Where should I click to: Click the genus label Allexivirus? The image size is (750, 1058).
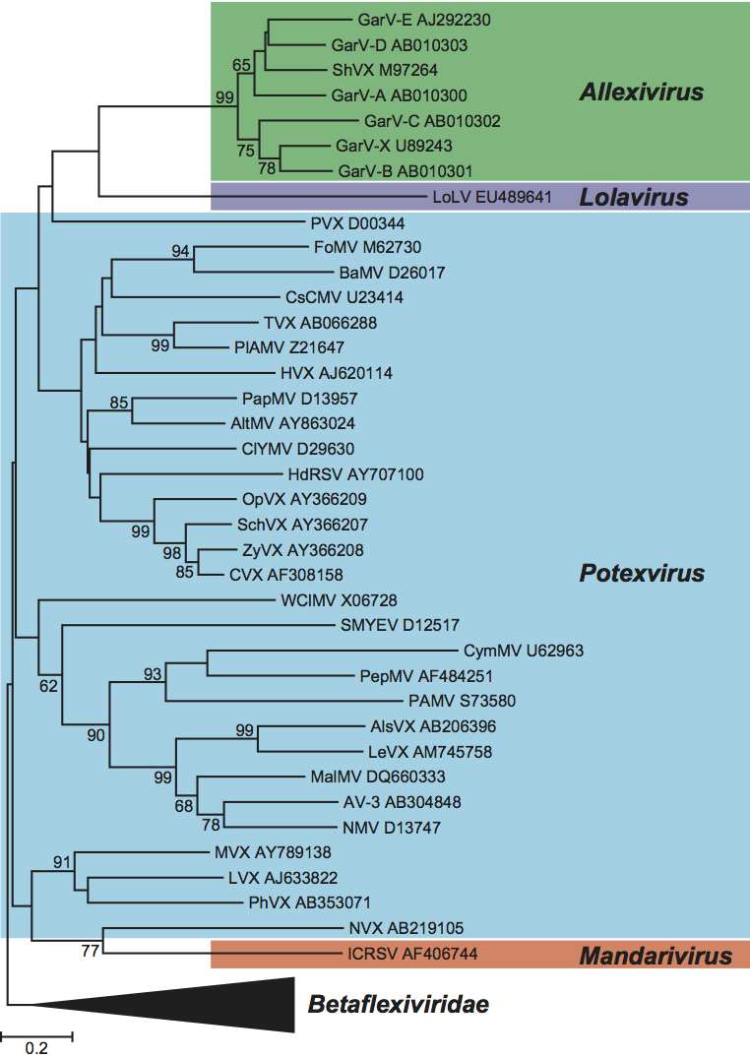tap(641, 93)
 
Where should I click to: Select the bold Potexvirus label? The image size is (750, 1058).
tap(641, 574)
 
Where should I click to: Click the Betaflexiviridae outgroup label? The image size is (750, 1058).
tap(399, 1005)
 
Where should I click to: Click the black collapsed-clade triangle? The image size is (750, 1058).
tap(197, 1005)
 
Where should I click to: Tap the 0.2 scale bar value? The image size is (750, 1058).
tap(36, 1048)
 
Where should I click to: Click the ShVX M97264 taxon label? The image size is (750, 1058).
tap(385, 70)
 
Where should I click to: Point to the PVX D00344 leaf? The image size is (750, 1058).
tap(345, 222)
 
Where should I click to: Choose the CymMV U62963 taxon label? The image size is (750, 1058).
tap(525, 651)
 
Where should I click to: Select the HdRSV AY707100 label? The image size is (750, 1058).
tap(362, 474)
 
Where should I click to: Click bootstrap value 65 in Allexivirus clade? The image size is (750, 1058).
tap(241, 65)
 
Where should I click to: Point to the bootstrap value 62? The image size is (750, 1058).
tap(48, 685)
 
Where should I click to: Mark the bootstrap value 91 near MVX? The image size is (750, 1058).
tap(63, 862)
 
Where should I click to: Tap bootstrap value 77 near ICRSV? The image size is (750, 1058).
tap(91, 951)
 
